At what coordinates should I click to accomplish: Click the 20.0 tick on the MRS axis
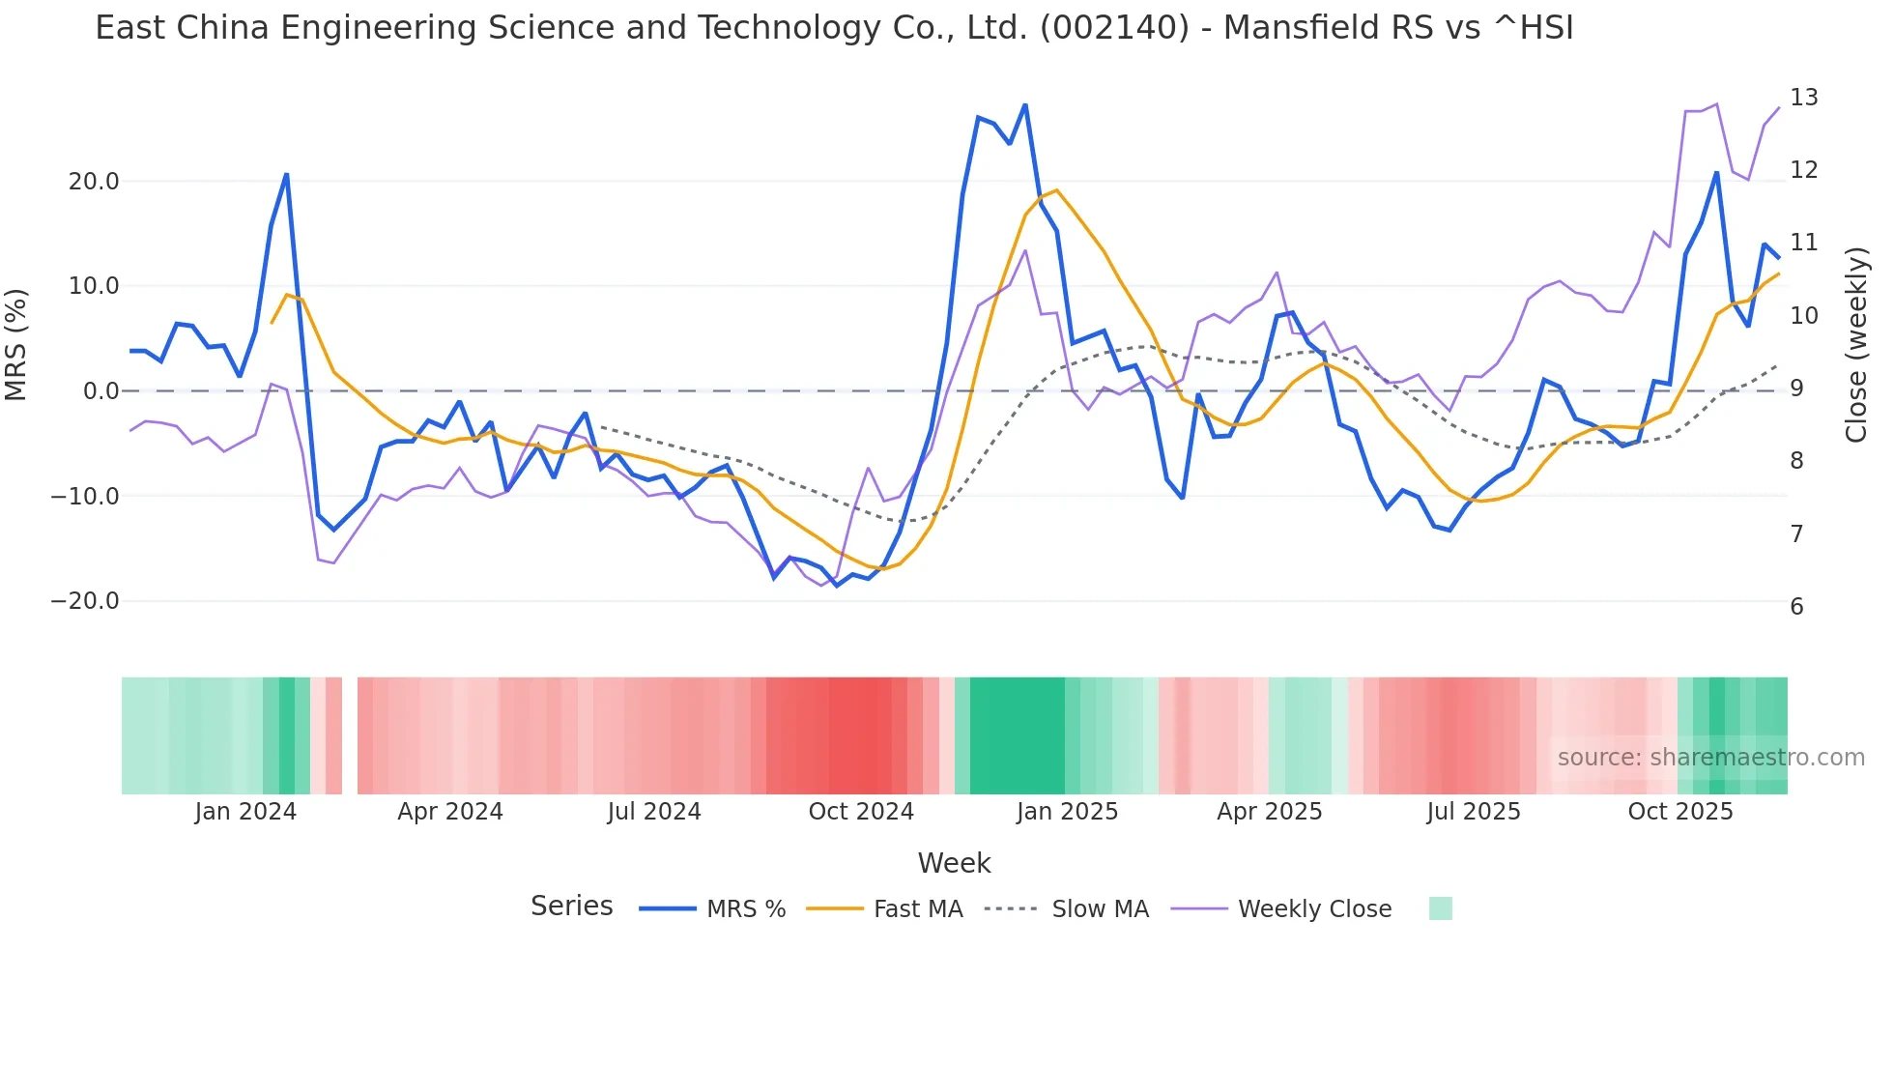[94, 182]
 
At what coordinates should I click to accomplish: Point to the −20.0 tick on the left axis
[85, 601]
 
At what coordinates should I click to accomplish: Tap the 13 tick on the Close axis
[1803, 98]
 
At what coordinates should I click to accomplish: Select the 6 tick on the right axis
[1796, 607]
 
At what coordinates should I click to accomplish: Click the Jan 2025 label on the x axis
[1067, 812]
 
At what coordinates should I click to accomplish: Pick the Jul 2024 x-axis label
[654, 812]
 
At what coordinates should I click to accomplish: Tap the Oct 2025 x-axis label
[1680, 812]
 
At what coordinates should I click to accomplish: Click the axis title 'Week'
[954, 863]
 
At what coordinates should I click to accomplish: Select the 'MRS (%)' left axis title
[16, 345]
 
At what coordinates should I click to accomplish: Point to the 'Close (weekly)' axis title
[1855, 345]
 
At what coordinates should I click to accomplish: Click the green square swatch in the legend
[1440, 908]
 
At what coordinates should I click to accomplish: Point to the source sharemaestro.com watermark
[1710, 758]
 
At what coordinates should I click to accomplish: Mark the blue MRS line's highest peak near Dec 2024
[1025, 105]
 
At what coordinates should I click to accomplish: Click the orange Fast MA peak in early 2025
[1056, 190]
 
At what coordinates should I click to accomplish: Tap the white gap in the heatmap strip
[350, 735]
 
